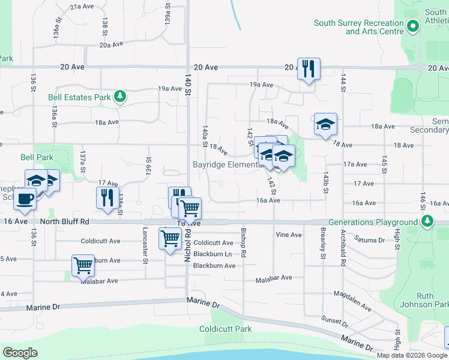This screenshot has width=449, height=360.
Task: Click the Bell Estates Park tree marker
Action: point(120,96)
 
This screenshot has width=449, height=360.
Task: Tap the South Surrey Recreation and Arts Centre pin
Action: point(412,26)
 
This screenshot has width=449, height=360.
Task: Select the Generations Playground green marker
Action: point(426,222)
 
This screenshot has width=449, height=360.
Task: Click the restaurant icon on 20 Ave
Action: point(308,68)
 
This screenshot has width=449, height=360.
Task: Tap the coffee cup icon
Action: point(25,199)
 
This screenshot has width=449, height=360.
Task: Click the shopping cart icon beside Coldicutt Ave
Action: point(170,238)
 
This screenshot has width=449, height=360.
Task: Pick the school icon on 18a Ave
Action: point(325,124)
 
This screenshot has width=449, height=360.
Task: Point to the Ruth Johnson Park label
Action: point(433,301)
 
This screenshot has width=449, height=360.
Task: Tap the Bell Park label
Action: point(37,157)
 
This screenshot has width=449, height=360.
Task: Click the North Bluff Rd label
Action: point(64,221)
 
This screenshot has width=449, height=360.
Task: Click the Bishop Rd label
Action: point(244,242)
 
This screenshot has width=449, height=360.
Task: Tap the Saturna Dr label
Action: point(387,240)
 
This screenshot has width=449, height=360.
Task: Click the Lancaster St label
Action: point(145,245)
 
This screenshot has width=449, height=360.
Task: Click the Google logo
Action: point(20,353)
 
